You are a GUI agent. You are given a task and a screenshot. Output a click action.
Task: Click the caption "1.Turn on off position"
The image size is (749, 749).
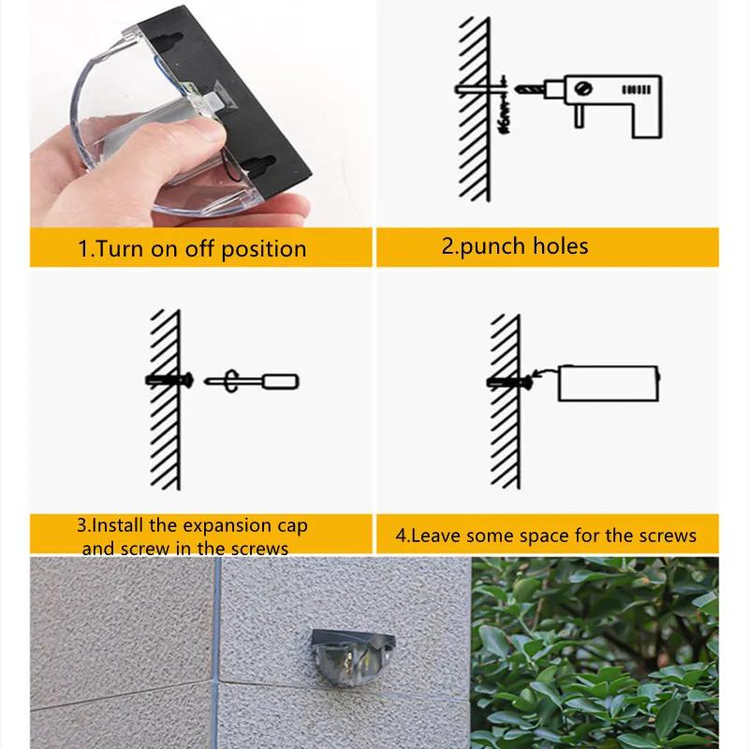(x=191, y=249)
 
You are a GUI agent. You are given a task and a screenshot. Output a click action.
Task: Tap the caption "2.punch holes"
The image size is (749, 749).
(x=515, y=246)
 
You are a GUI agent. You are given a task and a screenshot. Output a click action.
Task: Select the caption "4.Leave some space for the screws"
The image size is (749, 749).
(x=546, y=536)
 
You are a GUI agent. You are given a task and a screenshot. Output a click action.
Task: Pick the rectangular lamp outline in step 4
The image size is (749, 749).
(x=608, y=383)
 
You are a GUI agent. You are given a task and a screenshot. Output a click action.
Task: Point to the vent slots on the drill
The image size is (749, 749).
(x=636, y=91)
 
